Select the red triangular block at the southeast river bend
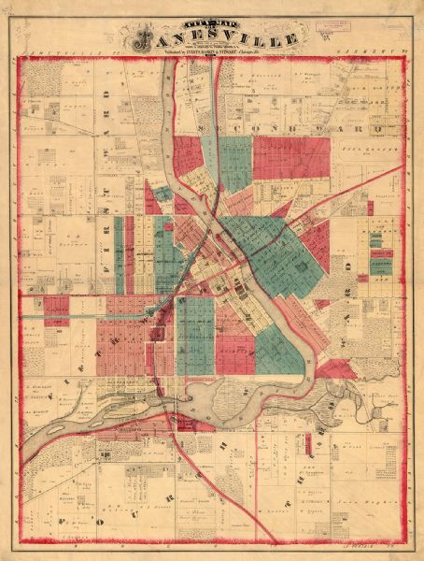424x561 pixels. click(335, 369)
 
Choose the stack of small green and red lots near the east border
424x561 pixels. click(381, 258)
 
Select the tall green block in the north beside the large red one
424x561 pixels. click(236, 164)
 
